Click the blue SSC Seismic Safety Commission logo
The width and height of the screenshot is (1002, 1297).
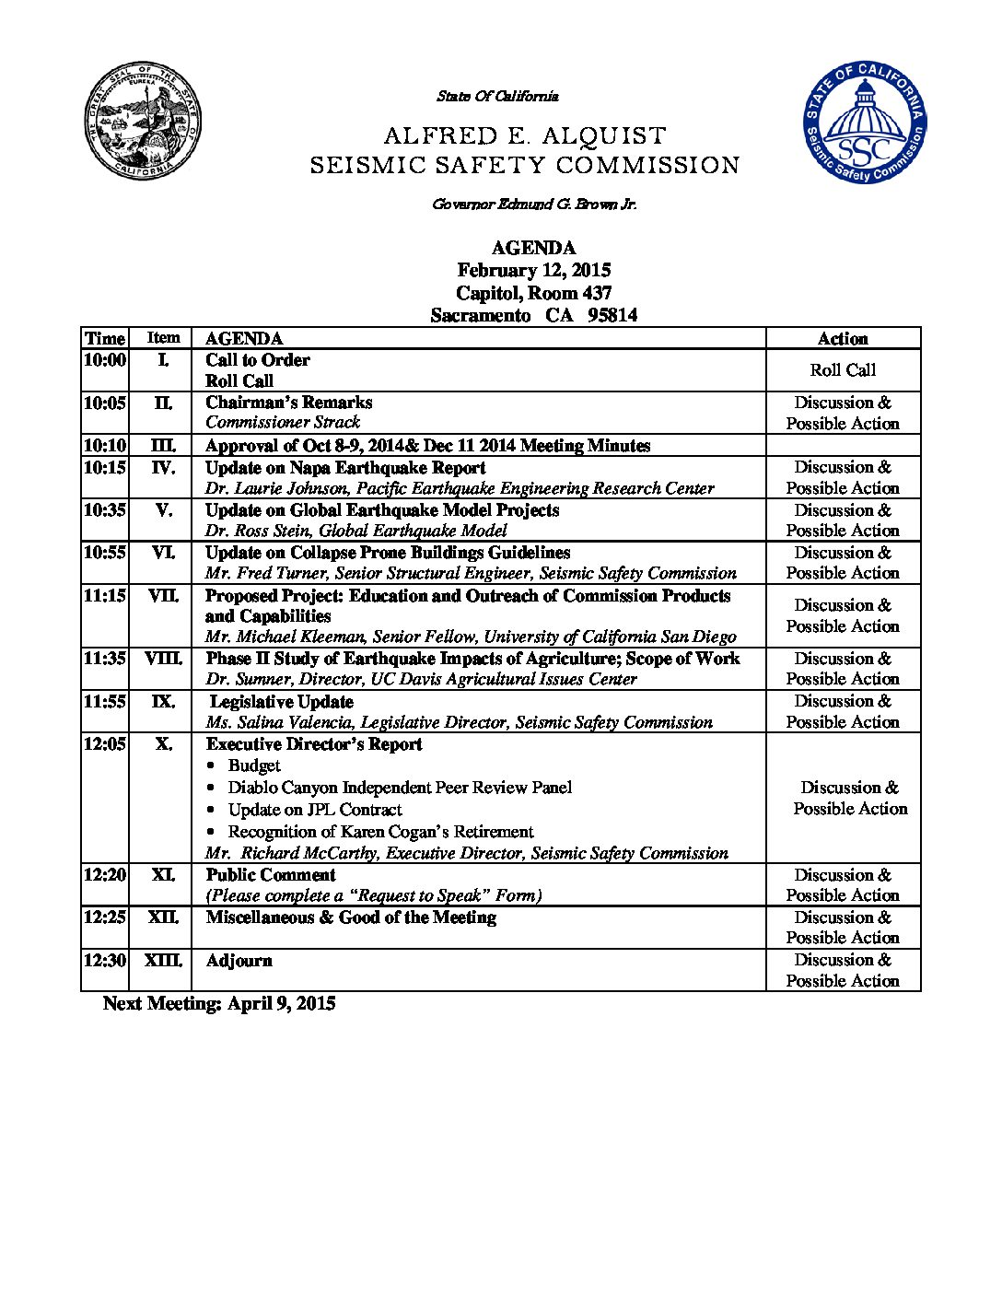point(863,123)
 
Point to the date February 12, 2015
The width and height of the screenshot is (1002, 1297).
point(533,270)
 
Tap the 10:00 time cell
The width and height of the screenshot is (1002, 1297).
point(104,360)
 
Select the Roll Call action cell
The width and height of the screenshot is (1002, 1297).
point(843,370)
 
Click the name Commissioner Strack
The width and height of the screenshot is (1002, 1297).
point(283,423)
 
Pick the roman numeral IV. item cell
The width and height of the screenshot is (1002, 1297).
point(163,468)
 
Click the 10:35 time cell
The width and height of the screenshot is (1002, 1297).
point(104,510)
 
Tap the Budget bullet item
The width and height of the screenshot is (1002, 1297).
point(254,765)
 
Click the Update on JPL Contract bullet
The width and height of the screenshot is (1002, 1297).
point(315,810)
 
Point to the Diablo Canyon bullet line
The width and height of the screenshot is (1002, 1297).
point(400,788)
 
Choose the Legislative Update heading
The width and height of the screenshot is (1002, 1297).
point(282,702)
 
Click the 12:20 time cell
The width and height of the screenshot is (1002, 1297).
point(104,875)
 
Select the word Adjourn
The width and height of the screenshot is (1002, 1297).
point(239,961)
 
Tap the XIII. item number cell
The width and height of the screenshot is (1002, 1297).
point(163,961)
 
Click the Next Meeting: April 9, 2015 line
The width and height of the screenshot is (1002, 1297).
point(219,1004)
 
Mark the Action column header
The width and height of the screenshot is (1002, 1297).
point(843,339)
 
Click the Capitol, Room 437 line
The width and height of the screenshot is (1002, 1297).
point(533,293)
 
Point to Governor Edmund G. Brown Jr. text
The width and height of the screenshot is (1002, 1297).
point(534,204)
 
